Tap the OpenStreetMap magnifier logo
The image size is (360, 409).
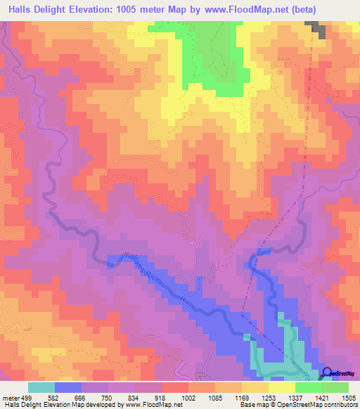click(x=326, y=373)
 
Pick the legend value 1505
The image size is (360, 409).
click(x=349, y=398)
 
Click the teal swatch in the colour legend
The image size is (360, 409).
click(x=41, y=387)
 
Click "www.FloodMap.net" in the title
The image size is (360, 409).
click(x=233, y=9)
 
